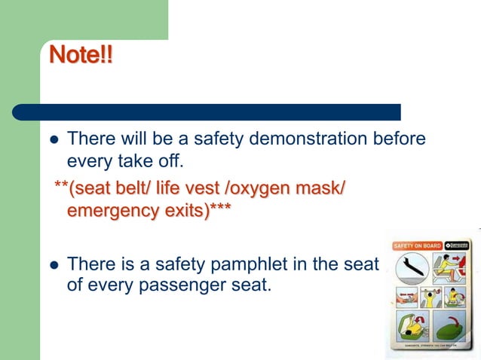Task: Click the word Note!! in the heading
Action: pyautogui.click(x=81, y=56)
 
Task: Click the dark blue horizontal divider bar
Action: pyautogui.click(x=206, y=112)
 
